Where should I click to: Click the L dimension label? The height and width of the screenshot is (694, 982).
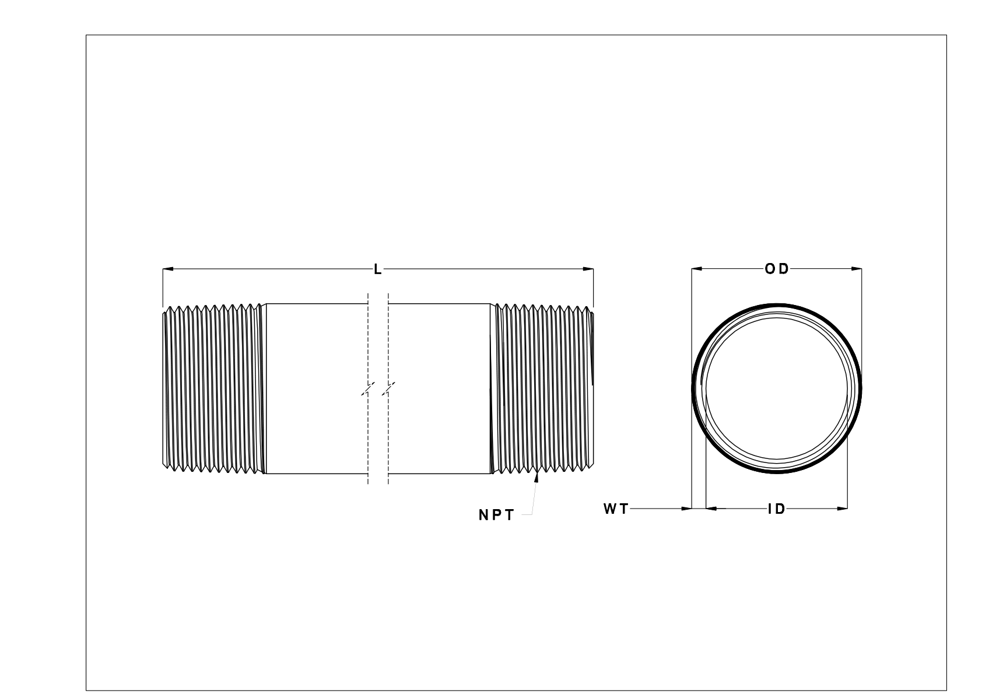click(377, 269)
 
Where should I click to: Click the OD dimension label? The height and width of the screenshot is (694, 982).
click(776, 269)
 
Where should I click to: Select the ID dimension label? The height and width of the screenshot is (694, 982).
click(776, 509)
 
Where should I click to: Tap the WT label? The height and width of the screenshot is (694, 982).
click(616, 509)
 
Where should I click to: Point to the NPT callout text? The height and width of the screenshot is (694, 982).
click(496, 516)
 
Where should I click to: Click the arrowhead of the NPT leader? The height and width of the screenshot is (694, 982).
click(536, 479)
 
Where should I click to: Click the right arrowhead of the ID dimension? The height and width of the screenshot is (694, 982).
click(842, 509)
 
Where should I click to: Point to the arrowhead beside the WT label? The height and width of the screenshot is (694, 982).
click(686, 509)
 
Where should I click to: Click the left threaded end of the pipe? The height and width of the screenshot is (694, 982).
click(213, 388)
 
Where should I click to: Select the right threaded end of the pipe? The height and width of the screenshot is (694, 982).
click(542, 388)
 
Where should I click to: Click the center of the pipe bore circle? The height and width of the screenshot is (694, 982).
click(776, 388)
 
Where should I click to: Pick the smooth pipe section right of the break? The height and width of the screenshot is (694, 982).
click(439, 388)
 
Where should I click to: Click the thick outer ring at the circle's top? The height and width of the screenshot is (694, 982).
click(776, 306)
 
